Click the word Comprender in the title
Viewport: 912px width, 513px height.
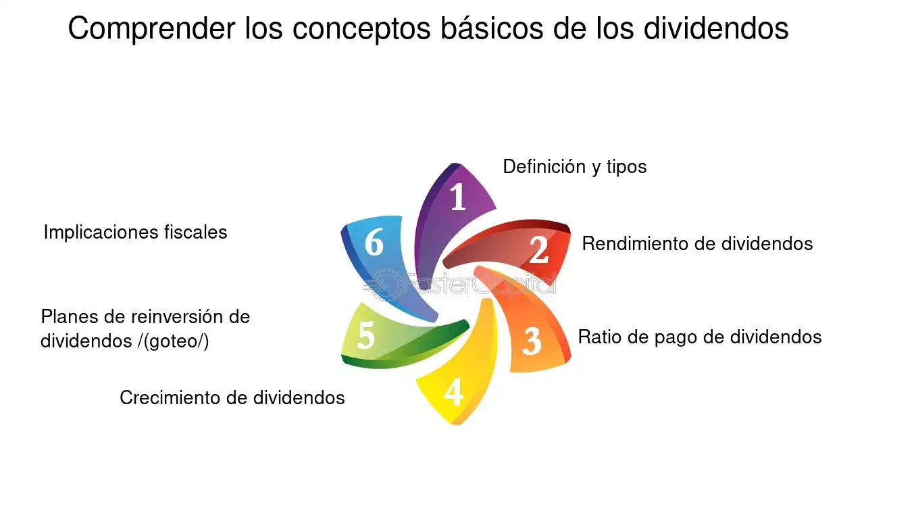click(151, 28)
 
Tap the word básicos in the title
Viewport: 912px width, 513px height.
click(492, 28)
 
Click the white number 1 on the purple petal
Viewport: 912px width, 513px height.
click(458, 197)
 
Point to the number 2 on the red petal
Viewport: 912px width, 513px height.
click(539, 249)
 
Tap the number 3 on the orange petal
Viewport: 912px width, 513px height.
click(532, 341)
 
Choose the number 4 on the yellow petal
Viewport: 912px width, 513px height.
click(453, 391)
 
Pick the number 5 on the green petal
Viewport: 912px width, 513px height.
click(365, 335)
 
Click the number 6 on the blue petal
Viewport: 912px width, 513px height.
click(374, 241)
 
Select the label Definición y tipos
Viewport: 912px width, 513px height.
click(574, 167)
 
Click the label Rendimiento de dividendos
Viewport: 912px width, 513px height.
click(697, 244)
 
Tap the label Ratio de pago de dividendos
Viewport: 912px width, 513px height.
click(699, 337)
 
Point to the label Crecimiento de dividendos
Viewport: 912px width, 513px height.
click(232, 397)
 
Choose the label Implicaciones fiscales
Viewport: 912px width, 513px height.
click(135, 233)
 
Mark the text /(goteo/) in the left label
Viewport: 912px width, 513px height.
click(174, 341)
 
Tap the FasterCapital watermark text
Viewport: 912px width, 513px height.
click(460, 284)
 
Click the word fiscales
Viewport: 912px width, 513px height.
click(195, 233)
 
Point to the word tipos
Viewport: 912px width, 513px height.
click(626, 168)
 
